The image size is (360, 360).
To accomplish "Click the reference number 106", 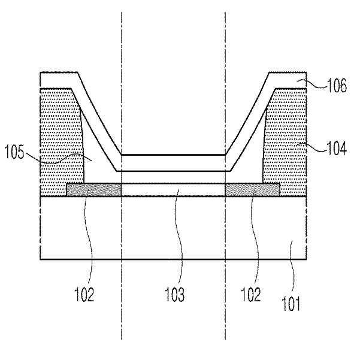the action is click(x=337, y=85).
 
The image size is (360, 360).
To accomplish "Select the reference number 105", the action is click(x=14, y=152).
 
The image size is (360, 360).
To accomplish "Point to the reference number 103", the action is click(x=174, y=294).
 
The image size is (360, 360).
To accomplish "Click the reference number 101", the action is click(x=291, y=304).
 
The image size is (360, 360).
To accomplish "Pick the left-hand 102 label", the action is click(x=84, y=294).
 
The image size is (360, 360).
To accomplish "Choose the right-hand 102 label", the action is click(x=251, y=294).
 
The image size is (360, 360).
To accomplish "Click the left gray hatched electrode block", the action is click(x=94, y=189).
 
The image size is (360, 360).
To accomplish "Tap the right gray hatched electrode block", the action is click(x=252, y=189).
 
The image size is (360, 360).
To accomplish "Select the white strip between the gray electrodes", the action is click(x=173, y=189).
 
